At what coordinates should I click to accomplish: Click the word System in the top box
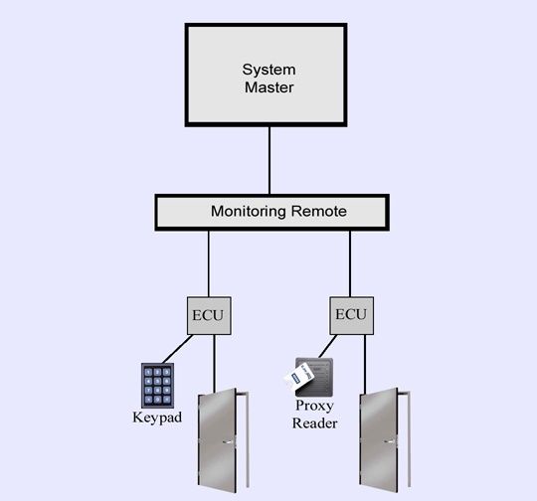tap(268, 70)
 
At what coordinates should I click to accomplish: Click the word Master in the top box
tap(268, 87)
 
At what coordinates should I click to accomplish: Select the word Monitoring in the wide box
tap(249, 212)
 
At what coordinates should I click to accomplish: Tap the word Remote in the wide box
tap(319, 211)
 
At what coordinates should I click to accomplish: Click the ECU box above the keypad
tap(209, 315)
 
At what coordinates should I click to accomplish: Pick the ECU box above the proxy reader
tap(351, 315)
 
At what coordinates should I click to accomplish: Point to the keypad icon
tap(157, 386)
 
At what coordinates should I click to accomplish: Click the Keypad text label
tap(157, 417)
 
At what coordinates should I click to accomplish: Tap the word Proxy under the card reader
tap(314, 407)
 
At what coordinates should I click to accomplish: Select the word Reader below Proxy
tap(314, 423)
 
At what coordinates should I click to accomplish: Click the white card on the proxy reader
tap(298, 377)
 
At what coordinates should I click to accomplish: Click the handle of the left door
tap(228, 442)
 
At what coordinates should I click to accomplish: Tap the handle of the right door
tap(390, 441)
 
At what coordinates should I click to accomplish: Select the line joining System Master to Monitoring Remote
tap(269, 161)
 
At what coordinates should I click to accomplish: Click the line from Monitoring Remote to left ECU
tap(209, 263)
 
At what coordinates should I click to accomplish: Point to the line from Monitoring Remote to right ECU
tap(350, 263)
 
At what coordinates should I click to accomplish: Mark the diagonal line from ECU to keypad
tap(177, 349)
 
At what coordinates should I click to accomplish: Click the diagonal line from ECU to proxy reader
tap(328, 346)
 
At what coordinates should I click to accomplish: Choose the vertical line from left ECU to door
tap(215, 364)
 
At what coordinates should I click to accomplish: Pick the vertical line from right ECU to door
tap(365, 364)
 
